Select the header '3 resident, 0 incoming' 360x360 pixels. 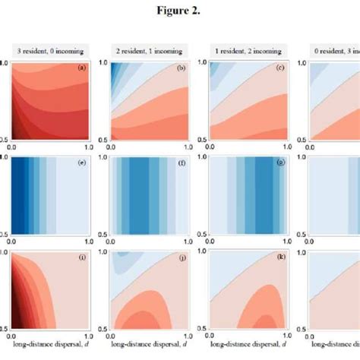coord(50,51)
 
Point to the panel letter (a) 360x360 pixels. coord(81,69)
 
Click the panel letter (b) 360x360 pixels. coord(181,69)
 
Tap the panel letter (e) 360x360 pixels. coord(81,162)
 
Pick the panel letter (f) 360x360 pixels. coord(181,162)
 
